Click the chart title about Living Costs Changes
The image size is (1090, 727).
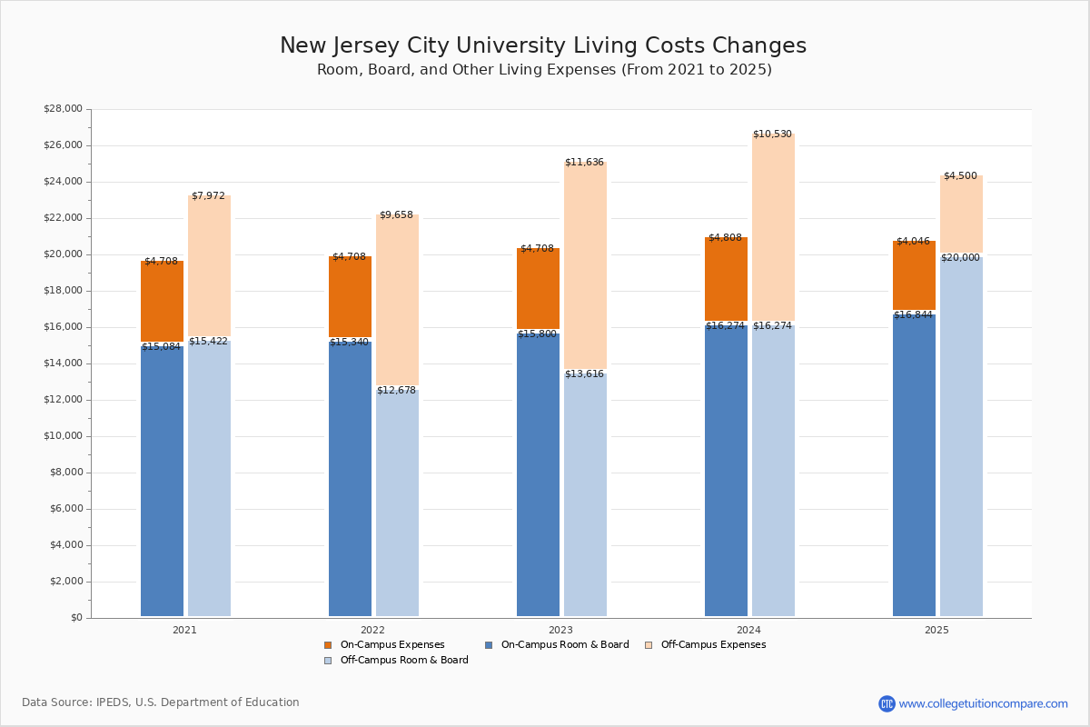542,45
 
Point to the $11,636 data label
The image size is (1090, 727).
584,163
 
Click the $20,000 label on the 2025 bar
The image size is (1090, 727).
960,258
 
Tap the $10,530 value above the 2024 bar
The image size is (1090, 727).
772,134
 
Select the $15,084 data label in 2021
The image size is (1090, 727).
161,347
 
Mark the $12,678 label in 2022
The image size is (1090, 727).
396,391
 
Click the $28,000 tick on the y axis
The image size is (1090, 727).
63,109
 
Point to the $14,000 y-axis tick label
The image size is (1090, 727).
63,363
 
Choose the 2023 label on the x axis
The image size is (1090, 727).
560,630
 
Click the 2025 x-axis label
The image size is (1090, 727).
936,630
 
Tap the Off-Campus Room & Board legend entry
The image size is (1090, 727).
403,661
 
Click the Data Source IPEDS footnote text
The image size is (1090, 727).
161,702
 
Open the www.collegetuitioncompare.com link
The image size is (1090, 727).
983,703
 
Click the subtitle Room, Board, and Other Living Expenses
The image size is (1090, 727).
544,70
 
